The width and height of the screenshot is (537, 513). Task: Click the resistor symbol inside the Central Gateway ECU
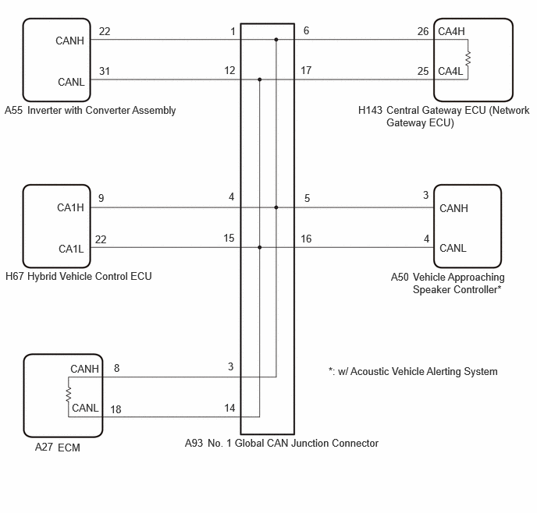pos(468,58)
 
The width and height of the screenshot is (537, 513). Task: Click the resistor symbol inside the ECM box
pos(69,394)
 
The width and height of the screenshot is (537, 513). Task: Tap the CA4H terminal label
pos(451,31)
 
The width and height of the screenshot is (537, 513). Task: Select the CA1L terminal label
pos(71,249)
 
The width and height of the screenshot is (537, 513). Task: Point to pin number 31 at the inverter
pos(105,71)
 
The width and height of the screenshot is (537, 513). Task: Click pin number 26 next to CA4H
pos(423,31)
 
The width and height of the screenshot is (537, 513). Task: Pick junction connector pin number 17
pos(306,70)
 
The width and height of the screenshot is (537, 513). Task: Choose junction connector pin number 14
pos(229,408)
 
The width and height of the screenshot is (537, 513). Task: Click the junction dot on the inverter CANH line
pos(276,40)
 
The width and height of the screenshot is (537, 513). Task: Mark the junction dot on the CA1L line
pos(260,247)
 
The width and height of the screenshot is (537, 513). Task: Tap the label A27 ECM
pos(58,448)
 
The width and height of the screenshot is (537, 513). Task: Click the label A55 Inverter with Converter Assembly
pos(90,110)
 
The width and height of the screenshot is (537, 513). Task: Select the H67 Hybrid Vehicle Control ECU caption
pos(78,276)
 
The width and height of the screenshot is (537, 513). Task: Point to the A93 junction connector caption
pos(282,444)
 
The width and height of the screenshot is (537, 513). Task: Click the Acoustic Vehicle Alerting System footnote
pos(413,371)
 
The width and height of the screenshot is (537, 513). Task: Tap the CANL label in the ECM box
pos(85,408)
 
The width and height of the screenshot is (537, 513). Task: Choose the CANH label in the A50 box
pos(453,208)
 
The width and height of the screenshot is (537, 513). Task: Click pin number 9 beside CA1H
pos(101,198)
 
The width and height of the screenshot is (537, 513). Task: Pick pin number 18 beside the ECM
pos(116,409)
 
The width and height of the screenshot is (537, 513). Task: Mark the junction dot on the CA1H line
pos(276,207)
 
